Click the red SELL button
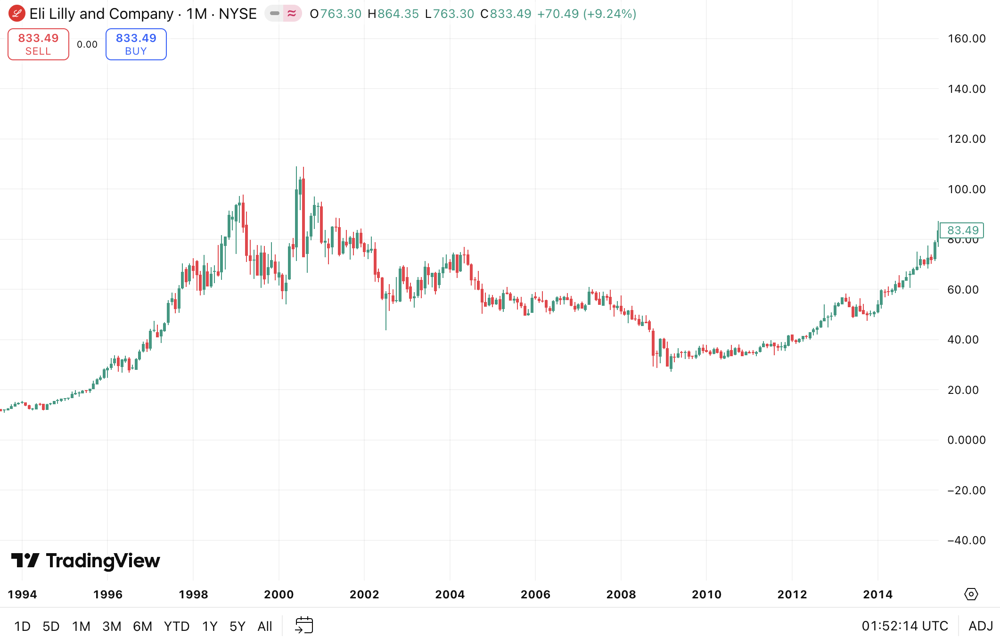(x=38, y=44)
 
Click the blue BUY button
(x=136, y=44)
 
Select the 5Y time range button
(x=237, y=626)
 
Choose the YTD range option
(x=176, y=626)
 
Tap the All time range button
(x=265, y=626)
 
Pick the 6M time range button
(x=142, y=626)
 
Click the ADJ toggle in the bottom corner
(x=980, y=626)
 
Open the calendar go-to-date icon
(x=304, y=625)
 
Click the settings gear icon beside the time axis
(x=971, y=594)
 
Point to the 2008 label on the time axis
(x=621, y=595)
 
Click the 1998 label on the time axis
(x=193, y=595)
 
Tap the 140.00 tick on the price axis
(x=967, y=89)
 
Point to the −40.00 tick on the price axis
(x=966, y=540)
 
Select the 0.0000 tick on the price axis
(x=967, y=440)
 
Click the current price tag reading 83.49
(x=962, y=230)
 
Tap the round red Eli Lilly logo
(x=17, y=14)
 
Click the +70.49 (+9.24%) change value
(x=587, y=14)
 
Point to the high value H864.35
(x=393, y=14)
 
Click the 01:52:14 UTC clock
(x=905, y=626)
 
